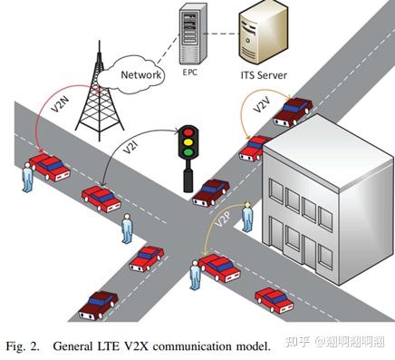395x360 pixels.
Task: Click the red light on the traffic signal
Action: click(x=188, y=132)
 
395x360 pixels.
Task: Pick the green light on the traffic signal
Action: click(x=188, y=153)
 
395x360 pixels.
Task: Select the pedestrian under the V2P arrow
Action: click(x=194, y=273)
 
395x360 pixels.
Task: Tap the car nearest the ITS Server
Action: click(x=294, y=112)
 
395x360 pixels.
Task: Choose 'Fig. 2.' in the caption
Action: click(x=24, y=346)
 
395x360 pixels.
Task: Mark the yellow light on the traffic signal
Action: click(x=188, y=143)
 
